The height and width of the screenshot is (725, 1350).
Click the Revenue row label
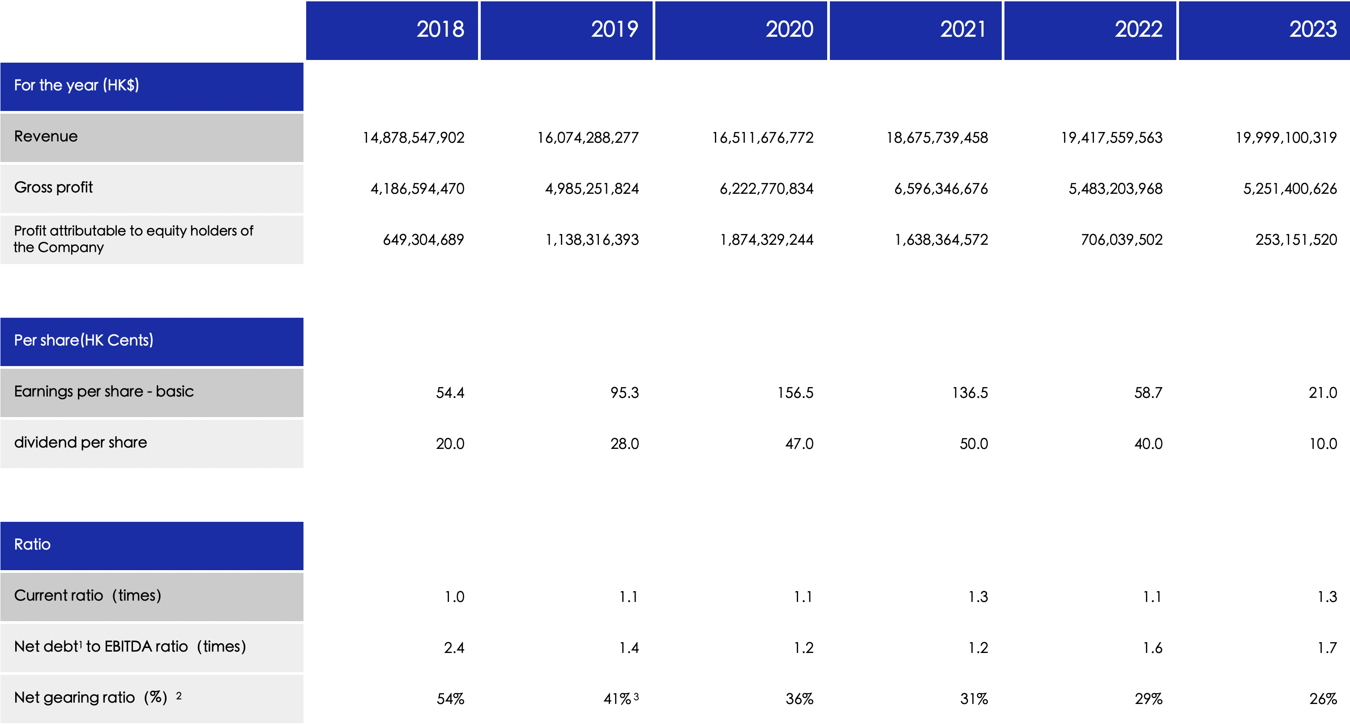(x=46, y=137)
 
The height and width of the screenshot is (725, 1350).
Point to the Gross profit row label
(x=53, y=188)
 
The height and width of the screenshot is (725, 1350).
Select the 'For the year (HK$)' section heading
(x=77, y=85)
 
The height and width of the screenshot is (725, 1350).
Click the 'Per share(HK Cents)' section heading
(x=84, y=341)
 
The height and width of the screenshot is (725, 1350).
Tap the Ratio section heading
(x=33, y=545)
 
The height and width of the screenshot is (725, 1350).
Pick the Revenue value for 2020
(x=763, y=138)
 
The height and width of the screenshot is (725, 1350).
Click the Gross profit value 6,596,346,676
(x=941, y=188)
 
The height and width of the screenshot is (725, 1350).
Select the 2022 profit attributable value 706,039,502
(x=1122, y=240)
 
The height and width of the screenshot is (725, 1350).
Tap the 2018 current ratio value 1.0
(x=454, y=597)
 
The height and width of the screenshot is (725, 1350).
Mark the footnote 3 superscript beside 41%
(x=636, y=697)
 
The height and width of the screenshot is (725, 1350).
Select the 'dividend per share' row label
(x=81, y=443)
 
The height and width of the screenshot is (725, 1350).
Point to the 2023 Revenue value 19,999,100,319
(x=1286, y=138)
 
